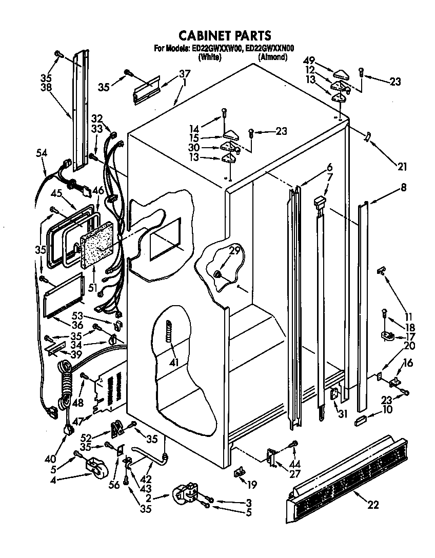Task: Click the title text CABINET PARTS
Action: (x=224, y=35)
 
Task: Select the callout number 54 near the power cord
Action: (x=43, y=153)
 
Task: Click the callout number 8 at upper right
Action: (x=403, y=188)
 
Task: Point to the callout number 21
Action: (x=402, y=166)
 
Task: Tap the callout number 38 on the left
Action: (x=47, y=88)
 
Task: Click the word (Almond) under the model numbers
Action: (x=272, y=57)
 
